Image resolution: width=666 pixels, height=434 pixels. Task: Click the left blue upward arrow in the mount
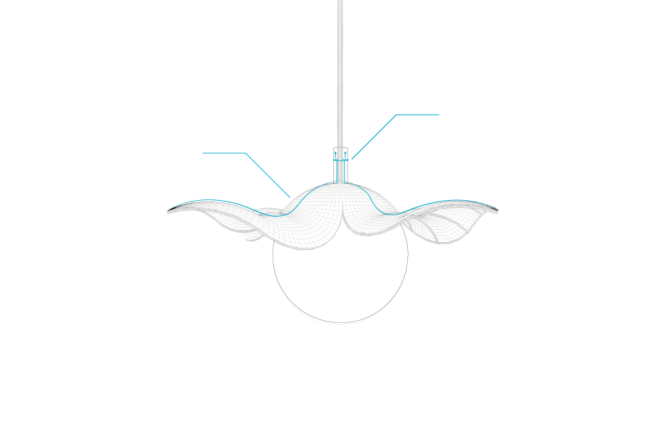336,156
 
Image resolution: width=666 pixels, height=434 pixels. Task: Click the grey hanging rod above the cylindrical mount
340,69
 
